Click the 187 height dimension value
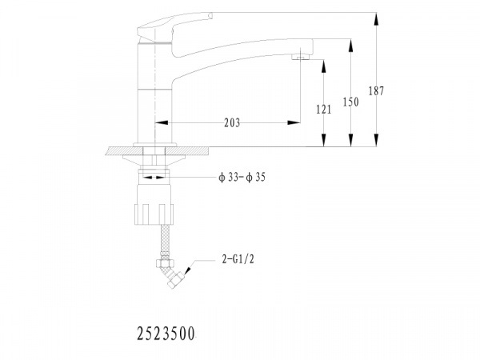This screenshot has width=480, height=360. coord(376,91)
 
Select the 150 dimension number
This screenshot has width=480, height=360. coord(350,102)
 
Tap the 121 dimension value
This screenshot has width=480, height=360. coord(323,110)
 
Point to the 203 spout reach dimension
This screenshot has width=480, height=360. coord(232,123)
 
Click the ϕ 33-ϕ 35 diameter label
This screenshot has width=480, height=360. coord(242,178)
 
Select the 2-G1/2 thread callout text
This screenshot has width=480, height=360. coord(238,259)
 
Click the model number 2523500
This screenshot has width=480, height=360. coord(166,334)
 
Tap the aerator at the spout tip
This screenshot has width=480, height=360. coord(300,57)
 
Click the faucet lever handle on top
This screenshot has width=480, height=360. coord(174,26)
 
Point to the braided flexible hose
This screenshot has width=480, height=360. coord(165,238)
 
